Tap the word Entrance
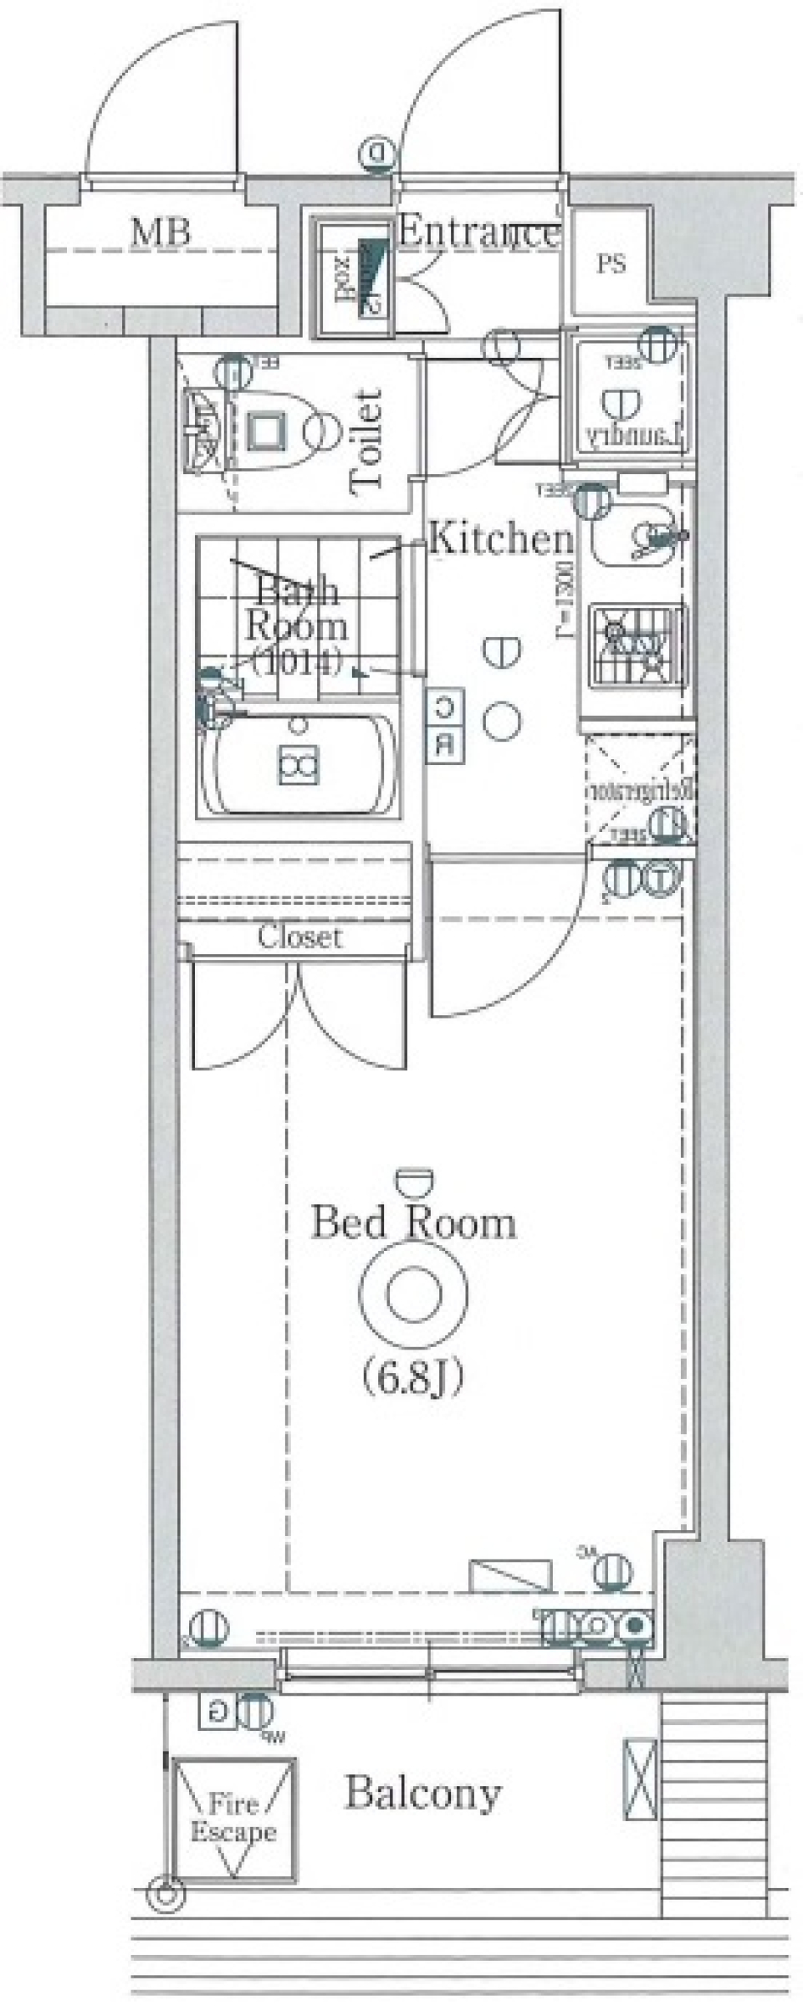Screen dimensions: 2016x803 (x=478, y=232)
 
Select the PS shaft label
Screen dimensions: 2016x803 (x=611, y=264)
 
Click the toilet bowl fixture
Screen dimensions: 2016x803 (x=284, y=431)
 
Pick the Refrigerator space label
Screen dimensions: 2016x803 (x=641, y=790)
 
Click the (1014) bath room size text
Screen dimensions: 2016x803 (x=297, y=661)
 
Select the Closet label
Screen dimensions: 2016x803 (x=299, y=937)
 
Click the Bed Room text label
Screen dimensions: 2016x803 (x=414, y=1222)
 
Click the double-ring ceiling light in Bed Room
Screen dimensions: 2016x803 (x=413, y=1294)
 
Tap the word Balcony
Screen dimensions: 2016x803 (x=423, y=1793)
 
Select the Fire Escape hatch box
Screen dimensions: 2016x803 (x=233, y=1818)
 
